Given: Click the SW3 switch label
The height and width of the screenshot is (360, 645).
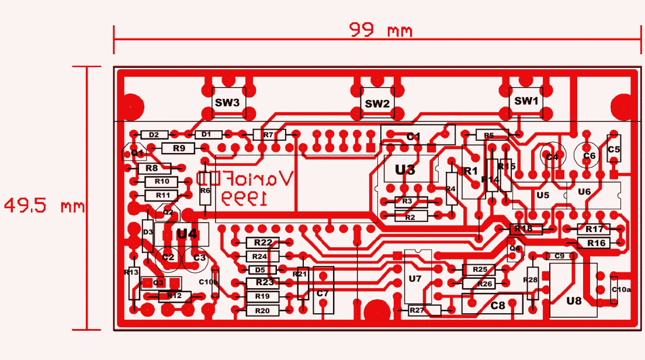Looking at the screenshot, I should click(227, 102).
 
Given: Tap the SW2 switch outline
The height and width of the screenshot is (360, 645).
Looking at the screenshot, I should click(377, 103).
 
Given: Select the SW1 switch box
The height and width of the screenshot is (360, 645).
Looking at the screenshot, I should click(526, 101).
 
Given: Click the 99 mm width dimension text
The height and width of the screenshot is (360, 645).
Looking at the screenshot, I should click(380, 30).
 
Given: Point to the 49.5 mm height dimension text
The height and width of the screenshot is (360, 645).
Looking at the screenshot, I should click(44, 206).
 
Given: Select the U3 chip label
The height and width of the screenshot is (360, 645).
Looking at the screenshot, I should click(405, 170).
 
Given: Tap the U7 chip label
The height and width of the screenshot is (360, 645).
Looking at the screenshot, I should click(415, 279).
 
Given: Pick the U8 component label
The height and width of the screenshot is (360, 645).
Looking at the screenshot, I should click(574, 301).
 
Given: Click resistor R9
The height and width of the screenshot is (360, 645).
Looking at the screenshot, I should click(179, 148).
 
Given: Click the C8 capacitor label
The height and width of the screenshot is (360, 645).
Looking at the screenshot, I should click(498, 305).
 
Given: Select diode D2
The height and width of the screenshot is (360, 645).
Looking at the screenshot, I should click(154, 134).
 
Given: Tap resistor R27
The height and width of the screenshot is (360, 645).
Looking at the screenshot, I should click(417, 310).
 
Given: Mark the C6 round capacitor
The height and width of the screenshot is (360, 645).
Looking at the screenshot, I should click(589, 156).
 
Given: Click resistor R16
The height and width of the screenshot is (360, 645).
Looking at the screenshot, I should click(597, 243).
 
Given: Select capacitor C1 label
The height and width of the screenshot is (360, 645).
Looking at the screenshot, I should click(414, 136).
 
